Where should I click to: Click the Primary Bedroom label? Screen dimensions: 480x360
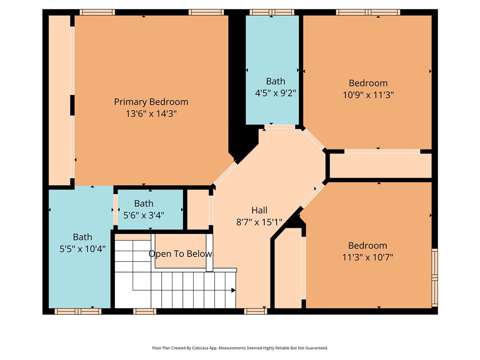coord(151,102)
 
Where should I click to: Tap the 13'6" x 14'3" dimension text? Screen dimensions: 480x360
coord(151,114)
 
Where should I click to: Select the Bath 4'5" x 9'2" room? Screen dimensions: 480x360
coord(272,70)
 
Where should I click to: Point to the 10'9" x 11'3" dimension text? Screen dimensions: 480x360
coord(368,95)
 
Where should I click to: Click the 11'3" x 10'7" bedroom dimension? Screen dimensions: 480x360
coord(367,257)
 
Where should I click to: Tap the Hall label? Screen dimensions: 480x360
coord(259,210)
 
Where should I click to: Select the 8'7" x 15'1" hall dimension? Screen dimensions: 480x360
coord(259,222)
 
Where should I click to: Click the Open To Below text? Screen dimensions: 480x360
coord(180,254)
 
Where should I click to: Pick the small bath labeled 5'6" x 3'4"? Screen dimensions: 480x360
coord(150,209)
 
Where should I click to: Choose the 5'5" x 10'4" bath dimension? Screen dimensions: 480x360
coord(82,249)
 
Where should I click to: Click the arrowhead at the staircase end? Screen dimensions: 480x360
coord(233,290)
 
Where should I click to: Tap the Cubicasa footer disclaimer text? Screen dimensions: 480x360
coord(240,348)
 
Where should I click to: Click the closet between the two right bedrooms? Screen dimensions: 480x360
coord(381,165)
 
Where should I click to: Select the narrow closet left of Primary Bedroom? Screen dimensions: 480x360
coord(60,100)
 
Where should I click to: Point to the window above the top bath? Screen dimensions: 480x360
coord(272,12)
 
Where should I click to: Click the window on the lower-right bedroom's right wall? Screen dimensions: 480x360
coord(435,277)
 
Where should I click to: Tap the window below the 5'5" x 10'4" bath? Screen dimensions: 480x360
coord(78,311)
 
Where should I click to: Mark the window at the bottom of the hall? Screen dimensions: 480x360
coord(255,311)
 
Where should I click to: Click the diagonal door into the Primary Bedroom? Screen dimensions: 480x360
coord(225,173)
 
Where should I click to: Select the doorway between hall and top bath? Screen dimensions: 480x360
coord(280,127)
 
